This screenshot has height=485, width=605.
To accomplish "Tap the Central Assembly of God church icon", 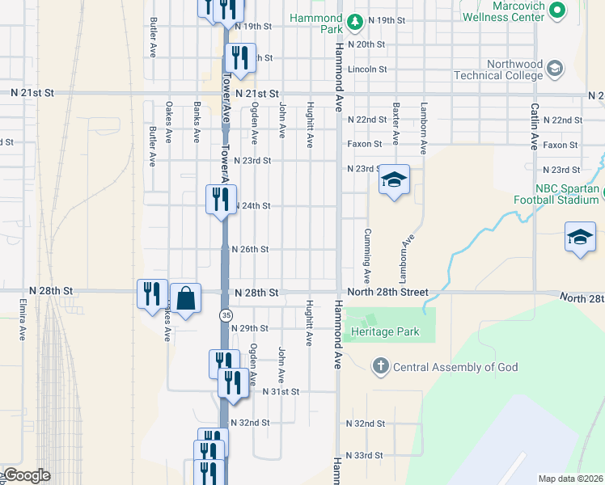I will pos(380,367).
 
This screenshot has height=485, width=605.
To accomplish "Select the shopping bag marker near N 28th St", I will pos(186,298).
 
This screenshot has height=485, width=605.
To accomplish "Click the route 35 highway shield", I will pos(226,314).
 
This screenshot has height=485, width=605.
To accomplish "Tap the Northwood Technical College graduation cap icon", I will pos(555,69).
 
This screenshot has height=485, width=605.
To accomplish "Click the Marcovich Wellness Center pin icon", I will pos(556,11).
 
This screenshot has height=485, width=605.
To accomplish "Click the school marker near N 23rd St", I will pos(394,181).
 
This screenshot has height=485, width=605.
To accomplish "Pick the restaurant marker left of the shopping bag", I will pos(152,294).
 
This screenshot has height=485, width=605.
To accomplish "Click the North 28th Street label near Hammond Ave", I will pos(386,292).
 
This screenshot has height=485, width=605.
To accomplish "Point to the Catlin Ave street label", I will pos(535,126).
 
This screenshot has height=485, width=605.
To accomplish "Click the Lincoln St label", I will pos(367,70).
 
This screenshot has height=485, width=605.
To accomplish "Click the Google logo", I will pos(26,476).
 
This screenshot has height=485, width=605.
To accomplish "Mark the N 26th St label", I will pos(249,249).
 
